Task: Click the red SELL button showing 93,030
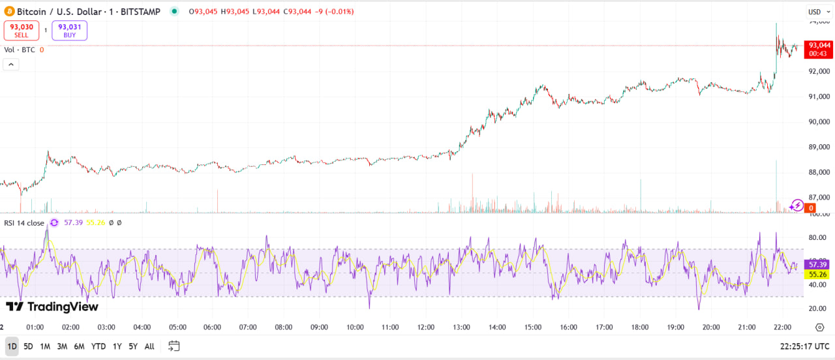(21, 30)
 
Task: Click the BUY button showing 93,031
(69, 30)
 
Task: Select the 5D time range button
(28, 346)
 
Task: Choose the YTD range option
(99, 346)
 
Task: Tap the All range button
(149, 346)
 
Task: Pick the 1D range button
(12, 346)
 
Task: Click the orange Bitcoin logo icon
(9, 11)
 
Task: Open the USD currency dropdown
(817, 11)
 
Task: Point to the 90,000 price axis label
(819, 121)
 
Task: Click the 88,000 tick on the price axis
(819, 172)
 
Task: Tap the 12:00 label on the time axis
(426, 327)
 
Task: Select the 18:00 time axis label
(640, 327)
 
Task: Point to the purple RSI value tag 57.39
(818, 264)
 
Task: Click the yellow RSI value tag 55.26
(818, 275)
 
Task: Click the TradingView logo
(52, 307)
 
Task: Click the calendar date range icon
(174, 346)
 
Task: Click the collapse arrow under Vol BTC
(11, 64)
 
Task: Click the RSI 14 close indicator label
(24, 223)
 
